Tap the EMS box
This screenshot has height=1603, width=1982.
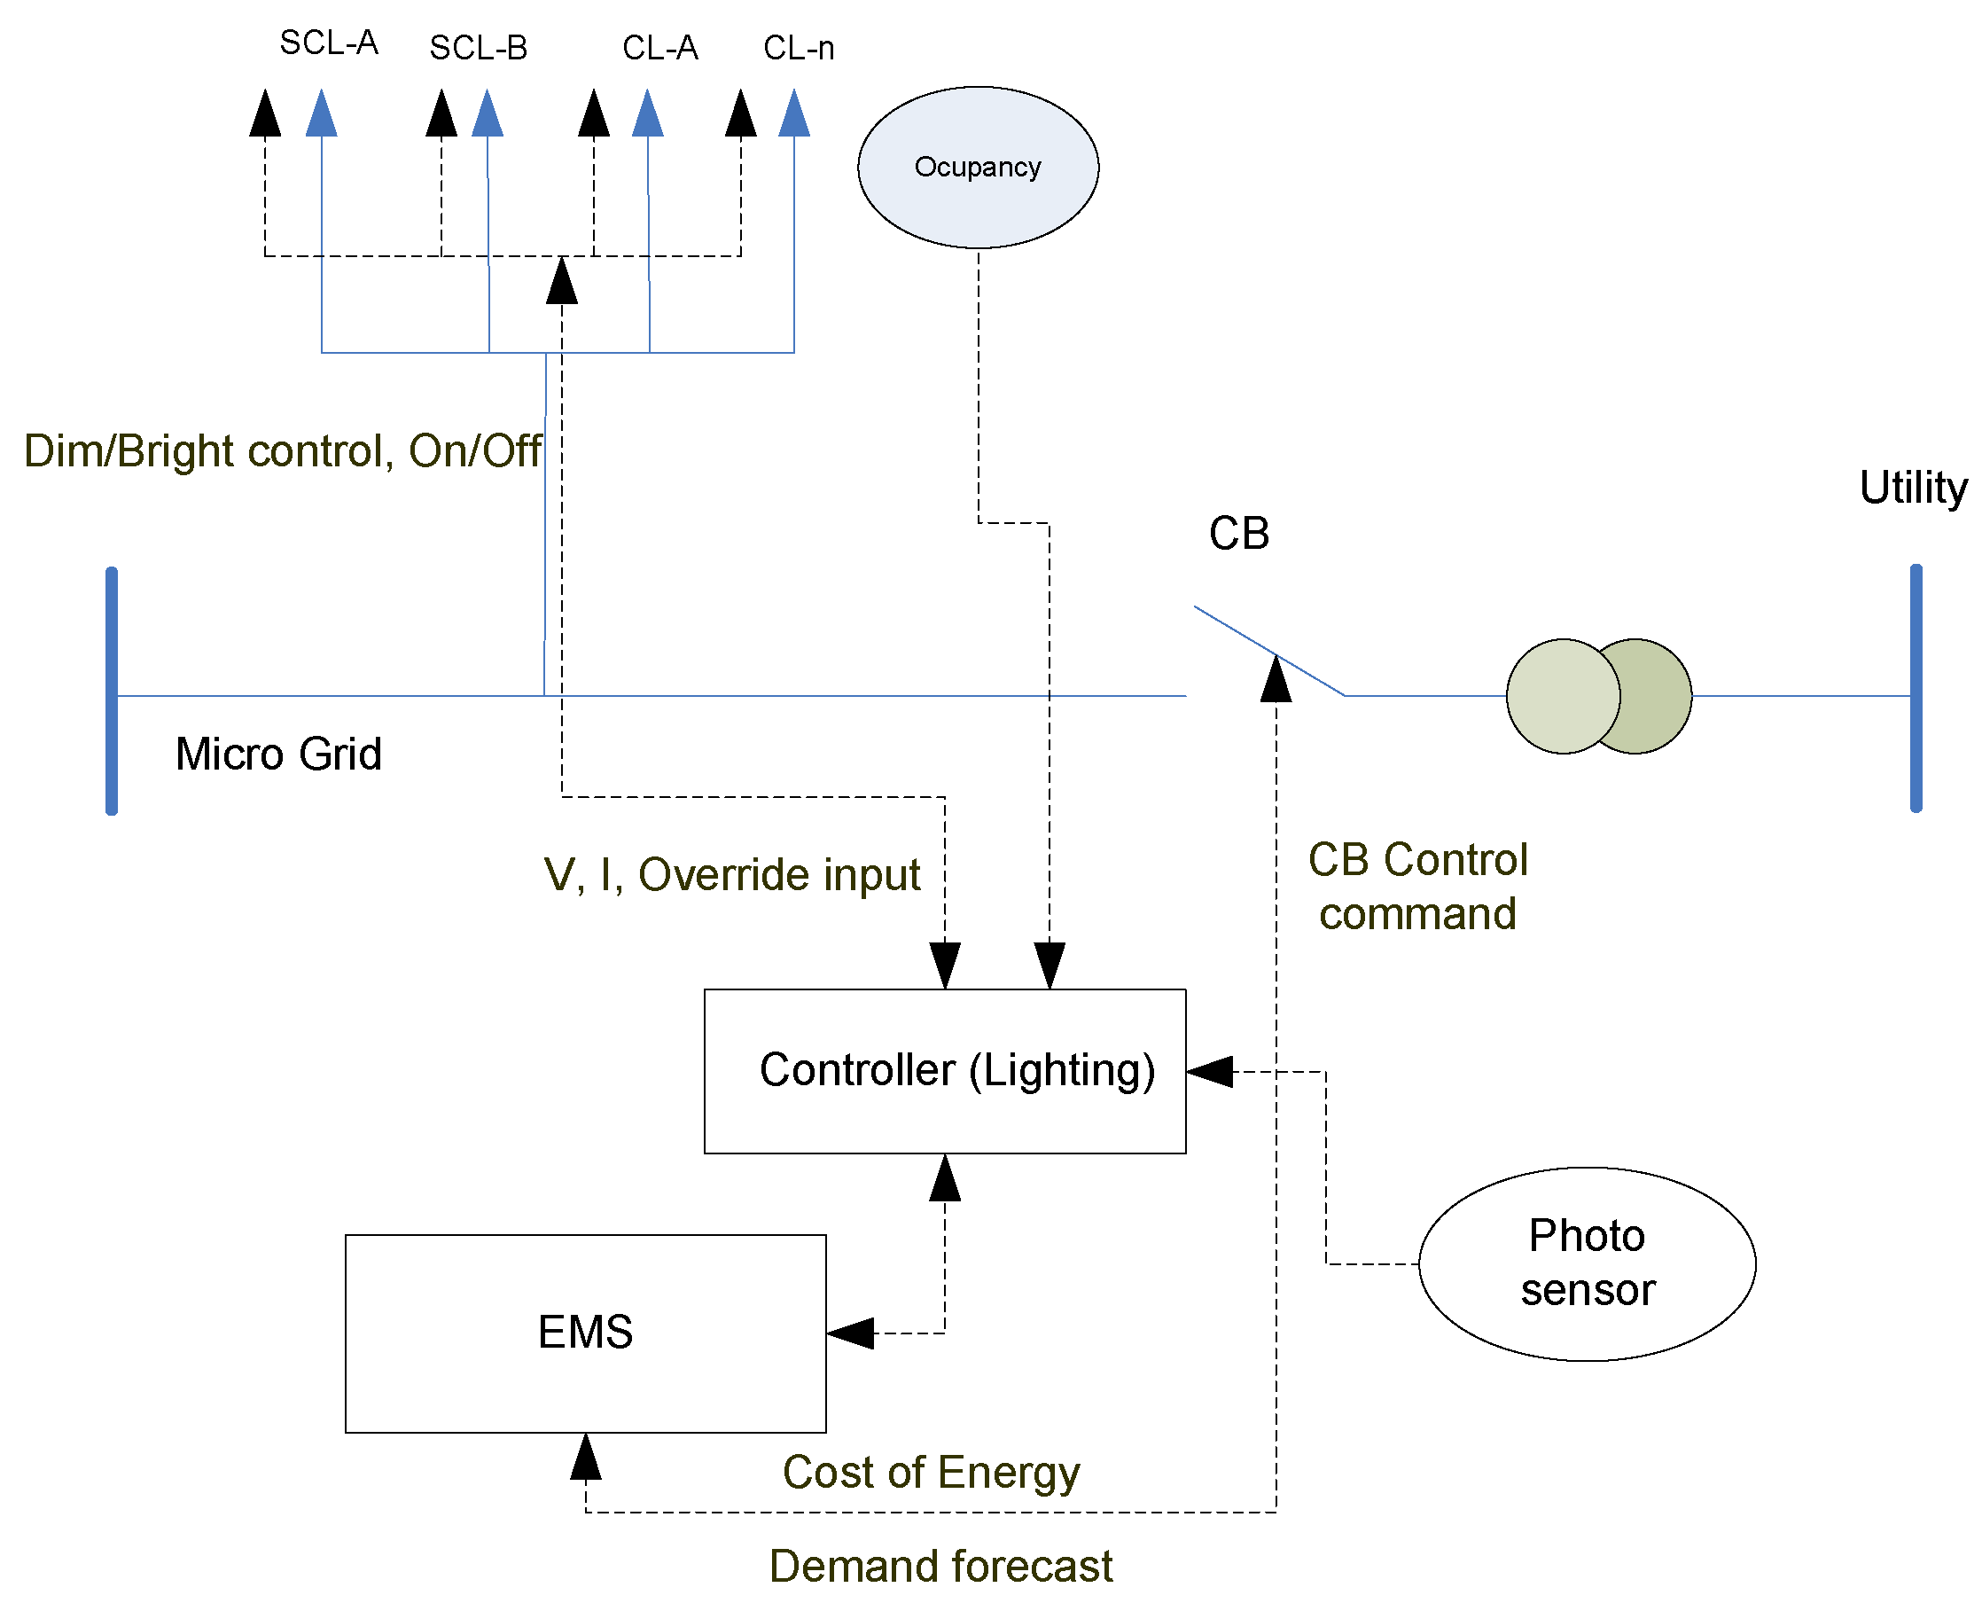point(584,1333)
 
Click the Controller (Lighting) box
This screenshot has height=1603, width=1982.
point(943,1071)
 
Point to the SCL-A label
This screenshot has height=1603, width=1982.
point(329,43)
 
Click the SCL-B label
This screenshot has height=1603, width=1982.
point(478,48)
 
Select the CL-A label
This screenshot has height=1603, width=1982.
point(659,48)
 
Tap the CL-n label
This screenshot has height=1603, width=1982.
point(798,48)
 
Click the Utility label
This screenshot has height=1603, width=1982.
point(1912,487)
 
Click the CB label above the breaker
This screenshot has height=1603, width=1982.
point(1238,534)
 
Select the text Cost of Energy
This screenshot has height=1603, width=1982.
point(931,1471)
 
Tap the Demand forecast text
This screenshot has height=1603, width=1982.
point(940,1566)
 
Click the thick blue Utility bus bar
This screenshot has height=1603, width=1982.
point(1915,688)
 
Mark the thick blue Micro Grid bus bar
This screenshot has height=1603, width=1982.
point(112,691)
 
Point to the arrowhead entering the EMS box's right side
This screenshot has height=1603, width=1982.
point(850,1333)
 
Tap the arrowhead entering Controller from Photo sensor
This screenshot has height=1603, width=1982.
point(1209,1071)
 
